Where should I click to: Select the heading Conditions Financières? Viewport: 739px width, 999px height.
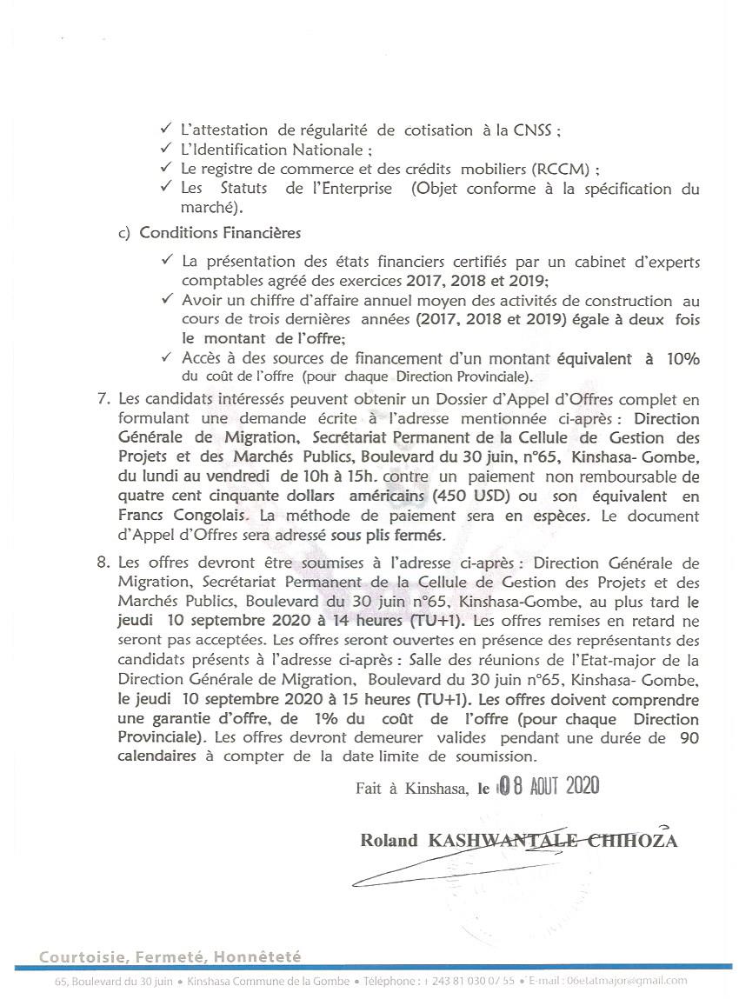[220, 233]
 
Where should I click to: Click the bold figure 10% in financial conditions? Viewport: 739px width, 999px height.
[682, 359]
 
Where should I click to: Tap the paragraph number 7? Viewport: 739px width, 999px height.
[103, 401]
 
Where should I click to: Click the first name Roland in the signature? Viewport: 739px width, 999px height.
[389, 841]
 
